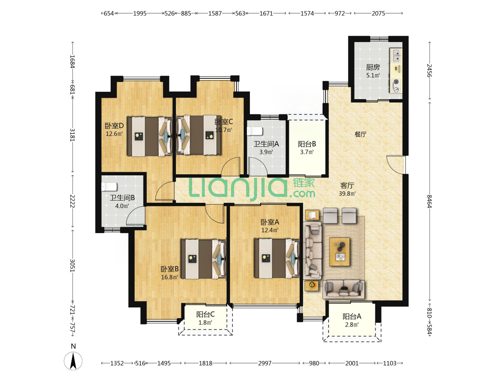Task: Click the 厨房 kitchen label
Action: pos(373,67)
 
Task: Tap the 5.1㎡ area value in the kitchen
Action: pos(373,75)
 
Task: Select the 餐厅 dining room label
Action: pos(360,134)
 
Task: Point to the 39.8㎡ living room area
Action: pos(347,194)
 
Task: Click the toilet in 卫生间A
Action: pos(255,131)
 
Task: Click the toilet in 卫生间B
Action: pos(109,187)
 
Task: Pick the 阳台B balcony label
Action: pos(307,144)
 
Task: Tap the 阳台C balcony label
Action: pos(205,314)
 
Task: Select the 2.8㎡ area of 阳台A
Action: pos(352,324)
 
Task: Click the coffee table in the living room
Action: pos(339,252)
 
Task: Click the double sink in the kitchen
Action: pos(397,55)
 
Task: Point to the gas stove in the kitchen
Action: pos(397,86)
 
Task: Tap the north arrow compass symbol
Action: pos(73,361)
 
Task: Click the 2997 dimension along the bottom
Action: pos(265,363)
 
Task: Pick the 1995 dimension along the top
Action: pos(140,13)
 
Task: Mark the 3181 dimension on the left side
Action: pos(72,135)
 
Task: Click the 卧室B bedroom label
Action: pos(169,269)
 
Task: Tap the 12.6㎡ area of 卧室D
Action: pos(114,134)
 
